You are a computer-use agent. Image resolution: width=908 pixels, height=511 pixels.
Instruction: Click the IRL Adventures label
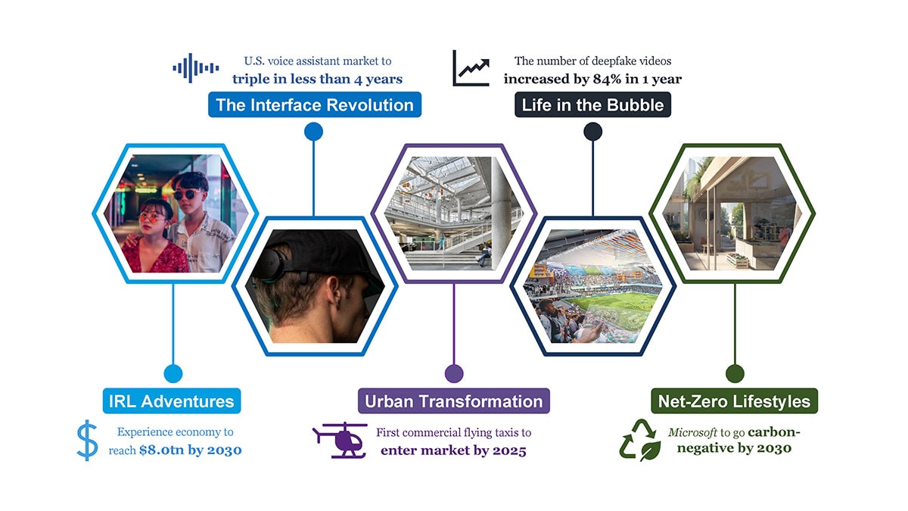tap(173, 401)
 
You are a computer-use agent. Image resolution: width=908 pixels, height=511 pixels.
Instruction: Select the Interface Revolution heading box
tap(315, 104)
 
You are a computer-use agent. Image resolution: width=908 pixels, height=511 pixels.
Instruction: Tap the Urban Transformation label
tap(453, 401)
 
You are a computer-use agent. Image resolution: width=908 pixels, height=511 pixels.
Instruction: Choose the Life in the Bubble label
tap(592, 104)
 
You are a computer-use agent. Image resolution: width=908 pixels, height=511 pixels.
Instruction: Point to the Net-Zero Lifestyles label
tap(734, 401)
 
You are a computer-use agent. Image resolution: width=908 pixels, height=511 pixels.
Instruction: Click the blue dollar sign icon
tap(87, 441)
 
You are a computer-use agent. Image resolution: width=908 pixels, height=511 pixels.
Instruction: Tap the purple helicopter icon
tap(340, 440)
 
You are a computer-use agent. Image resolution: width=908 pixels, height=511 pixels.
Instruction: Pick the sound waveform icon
tap(195, 68)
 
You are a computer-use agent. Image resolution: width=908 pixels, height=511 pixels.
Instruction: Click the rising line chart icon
tap(471, 68)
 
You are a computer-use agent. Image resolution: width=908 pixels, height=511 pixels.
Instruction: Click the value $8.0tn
tap(162, 451)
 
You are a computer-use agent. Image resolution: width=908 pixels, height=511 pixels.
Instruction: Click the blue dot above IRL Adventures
tap(173, 373)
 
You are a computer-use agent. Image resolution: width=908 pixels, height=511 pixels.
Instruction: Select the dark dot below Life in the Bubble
tap(592, 132)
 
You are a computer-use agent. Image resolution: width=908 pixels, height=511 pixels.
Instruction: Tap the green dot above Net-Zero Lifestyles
tap(735, 373)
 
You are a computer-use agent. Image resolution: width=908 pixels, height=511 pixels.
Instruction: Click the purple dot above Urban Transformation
tap(454, 373)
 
